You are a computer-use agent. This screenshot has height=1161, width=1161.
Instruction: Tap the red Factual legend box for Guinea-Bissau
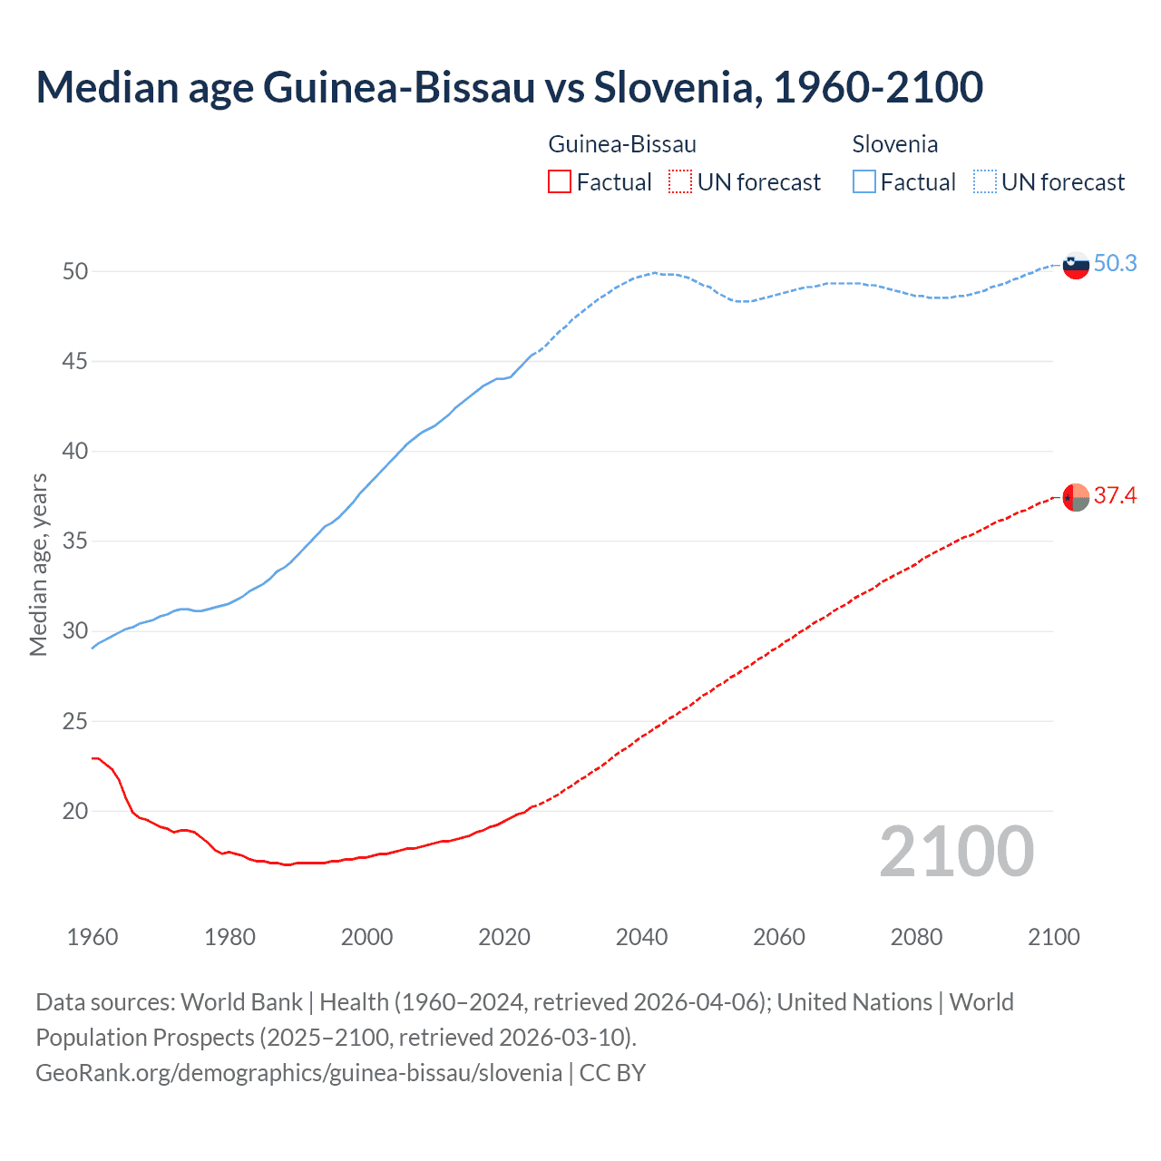560,181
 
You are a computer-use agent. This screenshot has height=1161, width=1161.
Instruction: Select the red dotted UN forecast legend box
680,181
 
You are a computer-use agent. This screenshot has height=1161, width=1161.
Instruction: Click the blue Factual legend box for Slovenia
864,181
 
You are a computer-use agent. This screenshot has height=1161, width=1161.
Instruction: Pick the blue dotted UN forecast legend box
985,181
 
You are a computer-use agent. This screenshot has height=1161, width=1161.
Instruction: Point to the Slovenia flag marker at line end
1075,265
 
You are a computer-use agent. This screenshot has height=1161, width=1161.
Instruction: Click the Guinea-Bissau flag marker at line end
1075,497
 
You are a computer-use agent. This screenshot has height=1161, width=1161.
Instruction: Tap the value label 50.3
1115,263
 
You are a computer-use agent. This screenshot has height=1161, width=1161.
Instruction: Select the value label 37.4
1115,495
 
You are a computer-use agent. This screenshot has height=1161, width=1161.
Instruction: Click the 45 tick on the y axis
75,361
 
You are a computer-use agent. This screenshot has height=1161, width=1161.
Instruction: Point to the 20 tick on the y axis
75,811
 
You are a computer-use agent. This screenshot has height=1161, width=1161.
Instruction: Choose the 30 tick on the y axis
75,631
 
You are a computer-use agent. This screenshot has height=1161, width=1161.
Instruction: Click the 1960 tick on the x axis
93,937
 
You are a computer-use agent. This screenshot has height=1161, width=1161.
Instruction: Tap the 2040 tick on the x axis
641,937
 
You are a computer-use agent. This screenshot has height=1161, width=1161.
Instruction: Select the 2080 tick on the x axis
916,937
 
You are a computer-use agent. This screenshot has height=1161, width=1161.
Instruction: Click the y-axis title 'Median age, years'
38,564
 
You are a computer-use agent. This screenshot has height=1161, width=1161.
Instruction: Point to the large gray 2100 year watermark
956,851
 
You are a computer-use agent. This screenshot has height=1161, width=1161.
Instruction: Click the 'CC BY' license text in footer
612,1072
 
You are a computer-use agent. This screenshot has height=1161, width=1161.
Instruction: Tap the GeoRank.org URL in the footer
298,1072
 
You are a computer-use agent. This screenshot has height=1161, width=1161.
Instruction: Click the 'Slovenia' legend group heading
894,144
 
